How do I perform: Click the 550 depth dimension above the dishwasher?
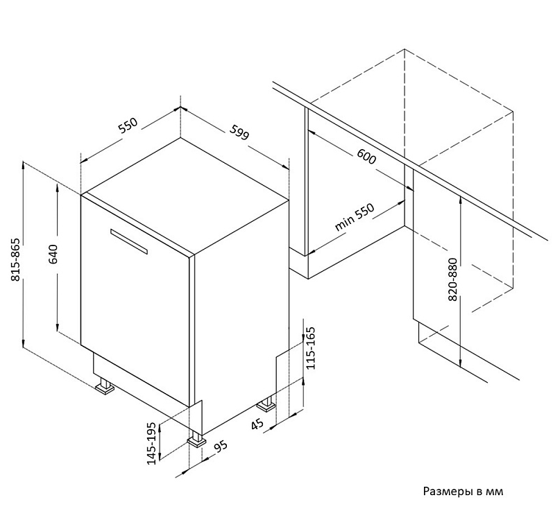pos(128,125)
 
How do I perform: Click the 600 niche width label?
pos(366,157)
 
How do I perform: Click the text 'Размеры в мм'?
pos(461,491)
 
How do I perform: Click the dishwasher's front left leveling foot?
pos(105,386)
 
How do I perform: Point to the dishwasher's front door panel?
pos(135,298)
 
